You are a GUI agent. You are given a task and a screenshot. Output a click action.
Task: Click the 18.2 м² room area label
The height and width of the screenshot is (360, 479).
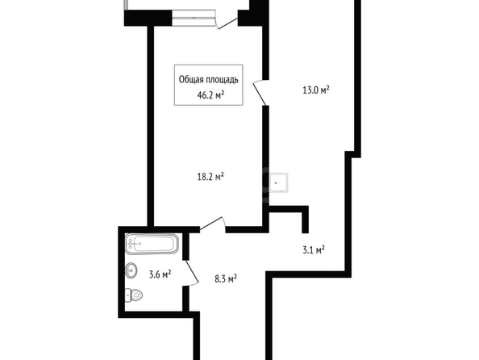pos(210,177)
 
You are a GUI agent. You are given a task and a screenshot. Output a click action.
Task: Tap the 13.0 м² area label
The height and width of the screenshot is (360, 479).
pos(316,90)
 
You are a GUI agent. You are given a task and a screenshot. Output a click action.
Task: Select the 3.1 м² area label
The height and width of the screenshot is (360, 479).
pos(314,250)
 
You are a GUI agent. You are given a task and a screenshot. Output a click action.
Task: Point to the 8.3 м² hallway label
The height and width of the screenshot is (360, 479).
pos(226,278)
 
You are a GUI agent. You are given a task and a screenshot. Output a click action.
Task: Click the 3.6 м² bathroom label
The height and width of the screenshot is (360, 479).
pos(160,274)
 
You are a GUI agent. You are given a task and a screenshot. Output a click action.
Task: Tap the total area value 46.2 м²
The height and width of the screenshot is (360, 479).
pos(210,95)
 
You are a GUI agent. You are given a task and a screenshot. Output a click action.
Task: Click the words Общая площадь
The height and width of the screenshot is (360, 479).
pos(208,80)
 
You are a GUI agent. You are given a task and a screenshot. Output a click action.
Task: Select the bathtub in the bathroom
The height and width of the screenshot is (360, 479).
pos(152,244)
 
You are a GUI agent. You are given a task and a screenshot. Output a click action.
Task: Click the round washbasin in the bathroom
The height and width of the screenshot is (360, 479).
pos(131,270)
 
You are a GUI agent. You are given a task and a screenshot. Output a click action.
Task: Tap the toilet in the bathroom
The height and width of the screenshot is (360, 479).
pos(134,295)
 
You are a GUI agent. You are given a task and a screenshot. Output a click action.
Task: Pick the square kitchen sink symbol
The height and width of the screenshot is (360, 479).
pos(278,183)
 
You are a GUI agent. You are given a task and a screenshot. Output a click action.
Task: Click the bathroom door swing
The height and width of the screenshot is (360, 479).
pos(192,273)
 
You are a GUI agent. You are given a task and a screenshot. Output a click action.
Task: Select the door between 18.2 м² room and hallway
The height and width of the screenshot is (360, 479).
pos(213,224)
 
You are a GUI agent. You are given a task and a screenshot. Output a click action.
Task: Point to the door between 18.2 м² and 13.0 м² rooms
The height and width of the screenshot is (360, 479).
pos(260,93)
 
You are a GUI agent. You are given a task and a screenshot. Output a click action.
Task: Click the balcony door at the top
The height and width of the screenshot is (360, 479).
pos(227,22)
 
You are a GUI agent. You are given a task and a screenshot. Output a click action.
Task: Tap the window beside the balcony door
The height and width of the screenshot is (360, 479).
pos(194,18)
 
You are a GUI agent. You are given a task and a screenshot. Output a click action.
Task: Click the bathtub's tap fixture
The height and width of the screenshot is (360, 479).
pos(134,244)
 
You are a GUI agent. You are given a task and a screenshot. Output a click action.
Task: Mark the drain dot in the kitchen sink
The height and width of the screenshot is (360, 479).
pos(276,183)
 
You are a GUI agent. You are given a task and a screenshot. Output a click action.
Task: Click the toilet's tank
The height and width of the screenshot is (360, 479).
pos(128,295)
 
